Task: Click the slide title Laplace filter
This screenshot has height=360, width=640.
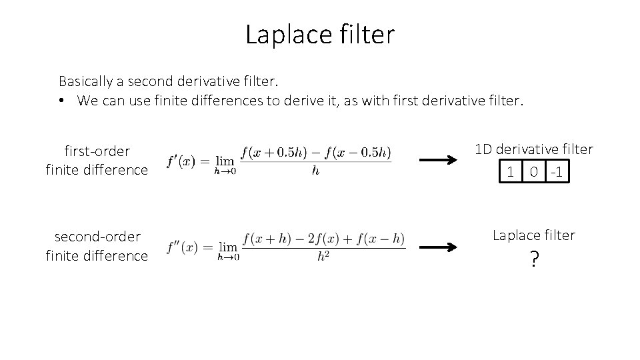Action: point(320,35)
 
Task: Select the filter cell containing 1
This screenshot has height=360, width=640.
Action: point(511,173)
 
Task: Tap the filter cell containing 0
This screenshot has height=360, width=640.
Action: point(534,173)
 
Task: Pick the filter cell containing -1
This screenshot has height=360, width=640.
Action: point(557,173)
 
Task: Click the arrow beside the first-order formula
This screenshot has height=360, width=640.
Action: point(437,160)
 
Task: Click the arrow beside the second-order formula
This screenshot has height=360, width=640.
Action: point(437,247)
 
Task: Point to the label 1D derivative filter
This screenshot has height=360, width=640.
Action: point(533,149)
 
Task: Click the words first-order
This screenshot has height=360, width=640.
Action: point(97,151)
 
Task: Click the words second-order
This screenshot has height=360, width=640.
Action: point(97,237)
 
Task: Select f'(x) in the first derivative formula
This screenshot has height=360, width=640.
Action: point(181,161)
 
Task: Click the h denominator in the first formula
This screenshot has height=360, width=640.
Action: point(315,171)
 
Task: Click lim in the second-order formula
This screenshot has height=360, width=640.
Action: point(228,246)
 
